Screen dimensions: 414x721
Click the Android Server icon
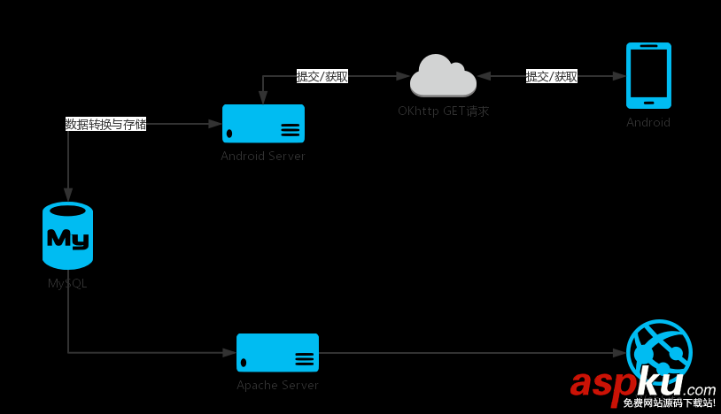coord(263,124)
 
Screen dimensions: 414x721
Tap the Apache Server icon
coord(277,352)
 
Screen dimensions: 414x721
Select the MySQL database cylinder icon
coord(67,236)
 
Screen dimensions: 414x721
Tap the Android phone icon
coord(648,75)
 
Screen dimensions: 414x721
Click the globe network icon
coord(659,352)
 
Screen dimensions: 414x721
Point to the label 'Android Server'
coord(263,156)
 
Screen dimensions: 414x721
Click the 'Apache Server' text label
coord(277,385)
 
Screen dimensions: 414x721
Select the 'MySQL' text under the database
coord(67,283)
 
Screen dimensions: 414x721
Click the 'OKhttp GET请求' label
coord(443,111)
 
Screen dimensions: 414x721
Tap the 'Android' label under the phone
coord(648,122)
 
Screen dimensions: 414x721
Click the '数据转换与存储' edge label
coord(105,124)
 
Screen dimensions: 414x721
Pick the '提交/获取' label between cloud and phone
coord(551,76)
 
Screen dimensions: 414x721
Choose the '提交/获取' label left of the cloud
coord(322,76)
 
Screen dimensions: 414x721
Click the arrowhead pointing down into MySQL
coord(68,195)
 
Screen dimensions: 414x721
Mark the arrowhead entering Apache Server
coord(229,352)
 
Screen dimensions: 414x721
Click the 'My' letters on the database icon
coord(67,237)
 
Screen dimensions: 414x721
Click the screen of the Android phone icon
coord(648,74)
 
